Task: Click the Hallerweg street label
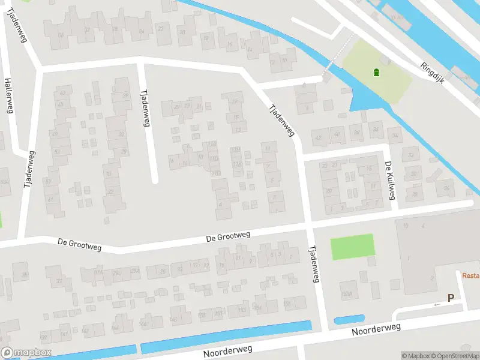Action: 8,95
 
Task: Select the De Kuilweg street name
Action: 390,180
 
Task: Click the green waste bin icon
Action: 376,73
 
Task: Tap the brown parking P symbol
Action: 450,298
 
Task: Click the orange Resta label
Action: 470,276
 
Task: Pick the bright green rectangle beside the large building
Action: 353,247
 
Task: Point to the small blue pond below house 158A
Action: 350,320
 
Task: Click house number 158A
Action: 346,294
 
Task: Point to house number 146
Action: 143,324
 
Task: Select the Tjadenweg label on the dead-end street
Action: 144,108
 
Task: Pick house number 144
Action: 114,328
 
